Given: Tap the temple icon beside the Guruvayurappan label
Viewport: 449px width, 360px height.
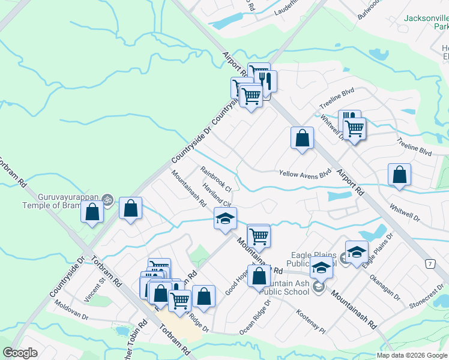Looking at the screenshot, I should [x=107, y=199].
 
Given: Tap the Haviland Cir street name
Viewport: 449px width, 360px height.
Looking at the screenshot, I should [x=217, y=193].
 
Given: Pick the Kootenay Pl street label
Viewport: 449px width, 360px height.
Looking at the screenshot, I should [x=310, y=322].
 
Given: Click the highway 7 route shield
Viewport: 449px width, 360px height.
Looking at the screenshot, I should [x=429, y=265].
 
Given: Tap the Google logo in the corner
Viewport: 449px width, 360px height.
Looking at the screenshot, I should [x=20, y=353].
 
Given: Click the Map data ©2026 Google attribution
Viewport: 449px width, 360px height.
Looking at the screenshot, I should [x=412, y=355].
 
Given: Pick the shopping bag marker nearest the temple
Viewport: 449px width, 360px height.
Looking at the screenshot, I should [x=92, y=212].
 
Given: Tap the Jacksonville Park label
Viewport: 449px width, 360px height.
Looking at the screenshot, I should [x=426, y=23].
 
